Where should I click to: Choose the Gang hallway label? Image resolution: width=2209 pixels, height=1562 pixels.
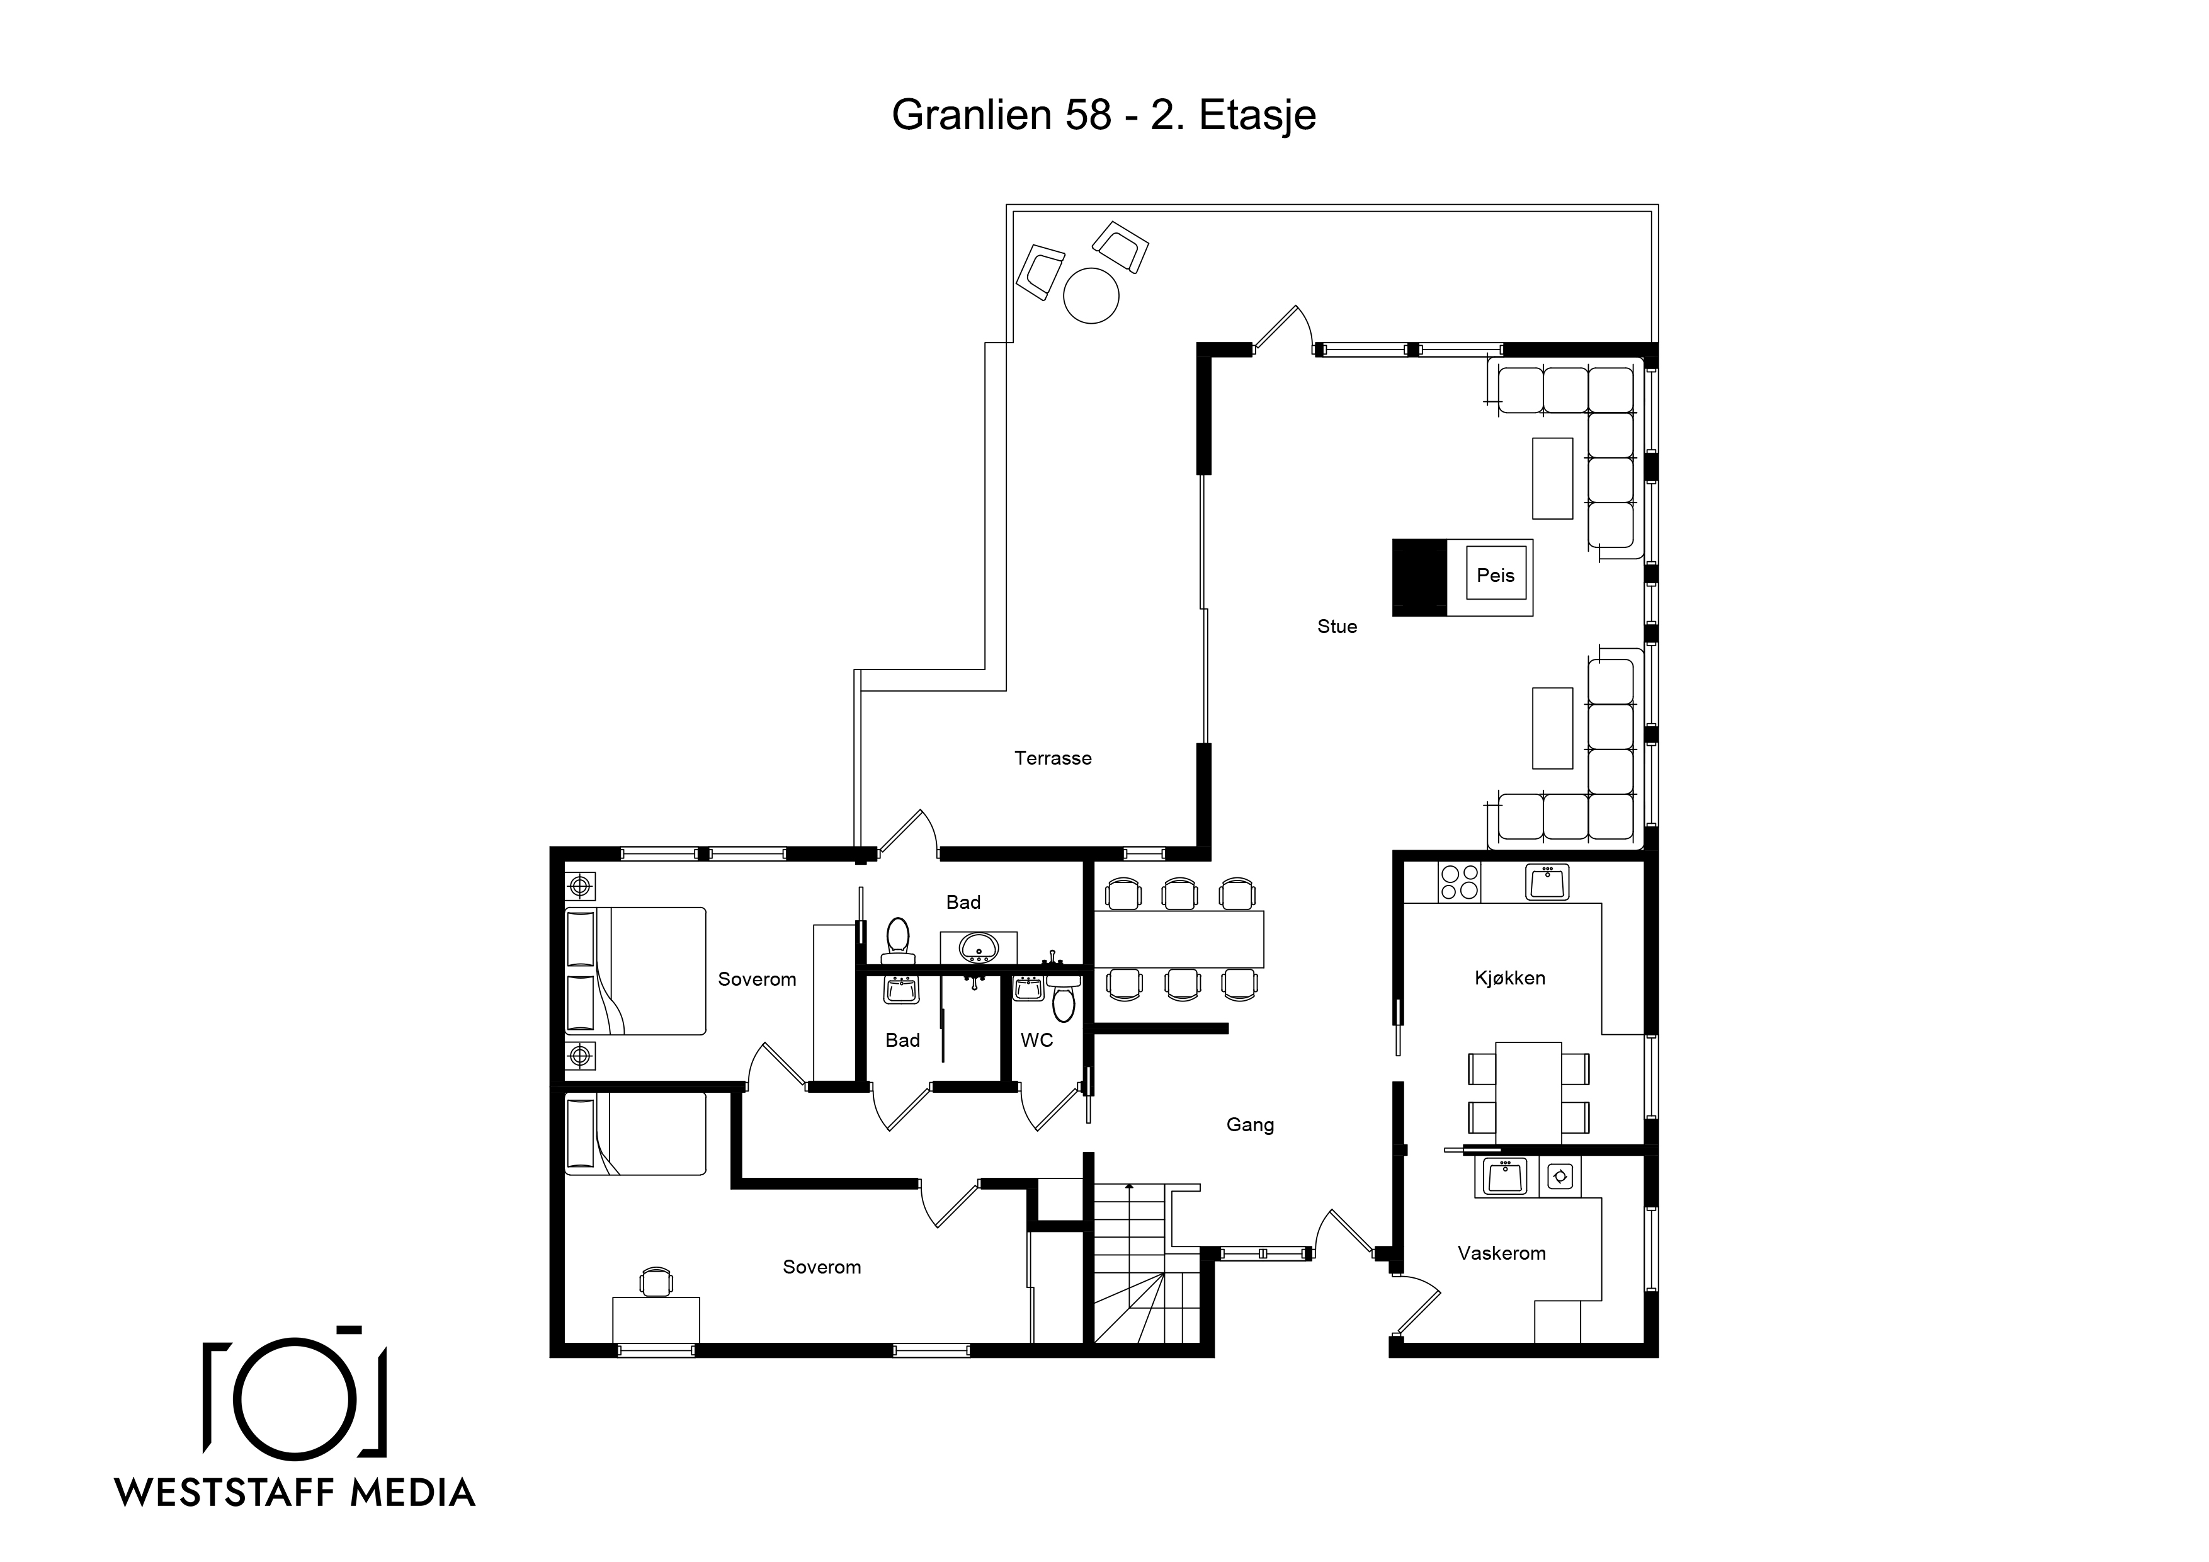(x=1250, y=1125)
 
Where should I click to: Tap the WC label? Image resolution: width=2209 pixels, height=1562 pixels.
(x=1036, y=1040)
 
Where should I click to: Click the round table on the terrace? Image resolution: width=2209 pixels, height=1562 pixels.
(x=1091, y=295)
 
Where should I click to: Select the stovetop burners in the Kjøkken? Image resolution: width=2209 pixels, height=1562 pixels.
(x=1458, y=882)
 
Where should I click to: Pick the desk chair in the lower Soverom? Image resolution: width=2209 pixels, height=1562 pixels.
(x=656, y=1281)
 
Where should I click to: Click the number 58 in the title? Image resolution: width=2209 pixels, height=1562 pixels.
(x=1086, y=115)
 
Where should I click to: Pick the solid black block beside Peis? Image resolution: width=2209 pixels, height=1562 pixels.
(x=1419, y=578)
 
